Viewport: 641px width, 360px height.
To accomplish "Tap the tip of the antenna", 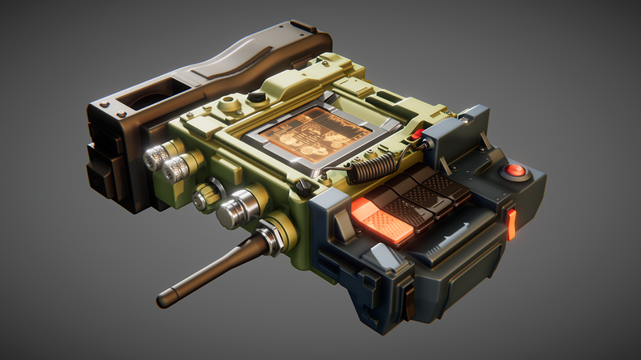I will tap(161, 302).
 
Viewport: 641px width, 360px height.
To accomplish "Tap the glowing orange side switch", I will tap(510, 224).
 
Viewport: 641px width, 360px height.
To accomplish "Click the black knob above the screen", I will tap(257, 97).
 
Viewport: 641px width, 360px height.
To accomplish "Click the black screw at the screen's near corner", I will tap(304, 185).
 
